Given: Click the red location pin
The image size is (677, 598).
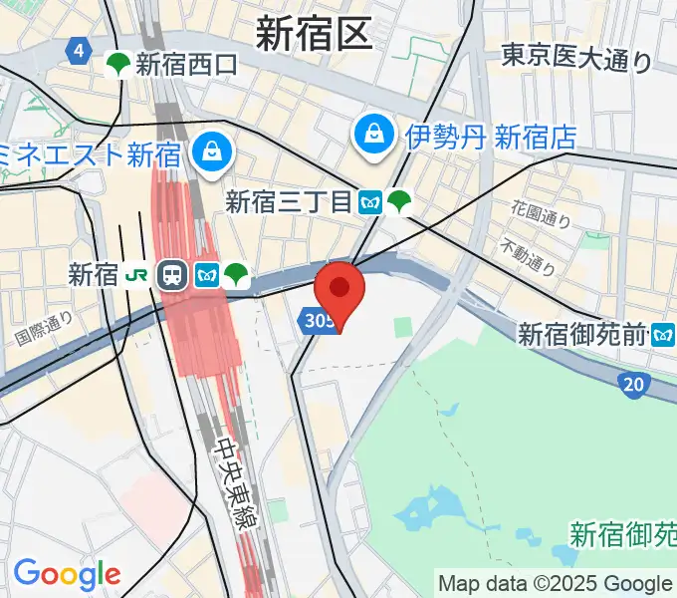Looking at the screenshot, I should tap(339, 289).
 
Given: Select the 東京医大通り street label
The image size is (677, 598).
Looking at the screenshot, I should tap(576, 59).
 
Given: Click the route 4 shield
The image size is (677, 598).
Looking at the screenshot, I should tap(79, 51).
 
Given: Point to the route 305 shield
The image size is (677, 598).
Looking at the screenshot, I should tap(316, 320).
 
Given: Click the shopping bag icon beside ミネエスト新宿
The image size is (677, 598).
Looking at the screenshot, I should tap(212, 152).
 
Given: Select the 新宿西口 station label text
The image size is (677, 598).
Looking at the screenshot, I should tap(187, 65).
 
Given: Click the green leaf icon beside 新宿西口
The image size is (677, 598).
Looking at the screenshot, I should tap(118, 65).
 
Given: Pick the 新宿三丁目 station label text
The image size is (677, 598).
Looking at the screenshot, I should tap(289, 202).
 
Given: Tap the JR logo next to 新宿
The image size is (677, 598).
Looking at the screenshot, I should tap(137, 276).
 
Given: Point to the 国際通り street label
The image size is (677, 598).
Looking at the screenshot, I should tap(44, 328).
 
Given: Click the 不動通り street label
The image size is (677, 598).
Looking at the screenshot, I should tap(528, 258).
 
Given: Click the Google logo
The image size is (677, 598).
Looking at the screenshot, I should tap(67, 573).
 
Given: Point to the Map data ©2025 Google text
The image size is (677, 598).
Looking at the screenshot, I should tap(556, 583).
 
